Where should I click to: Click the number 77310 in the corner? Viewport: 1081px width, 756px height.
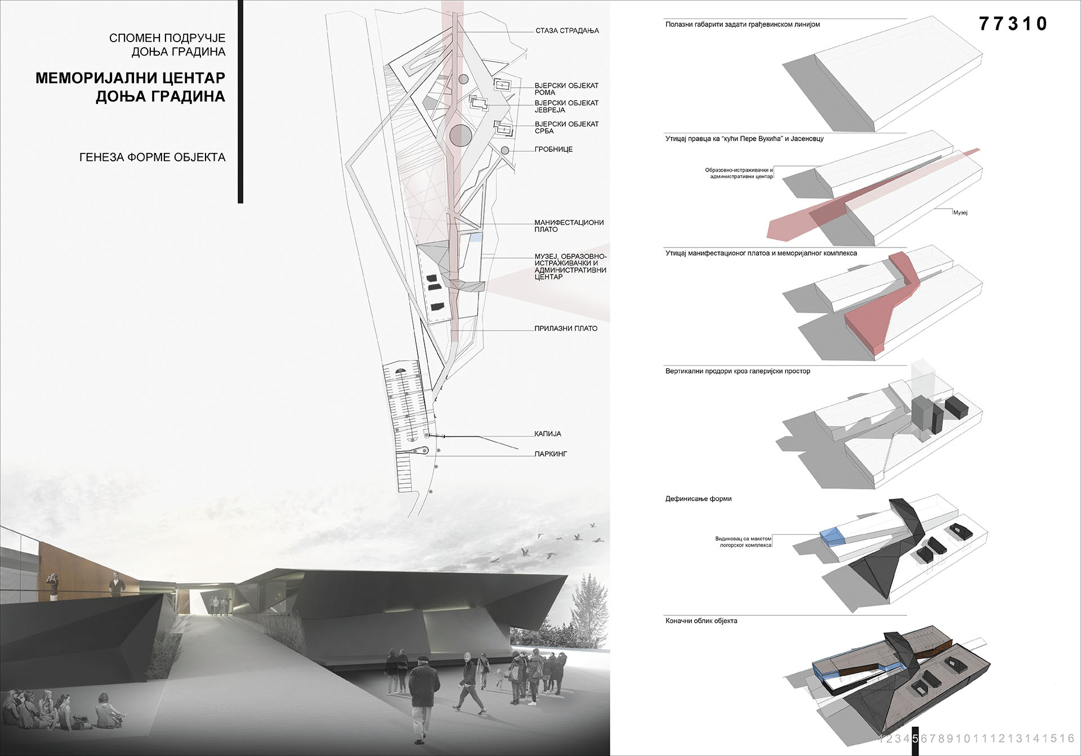[x=1013, y=24]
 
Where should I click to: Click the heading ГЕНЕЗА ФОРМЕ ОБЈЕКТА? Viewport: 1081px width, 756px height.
[x=152, y=157]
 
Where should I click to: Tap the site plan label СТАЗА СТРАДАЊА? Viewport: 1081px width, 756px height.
[x=567, y=31]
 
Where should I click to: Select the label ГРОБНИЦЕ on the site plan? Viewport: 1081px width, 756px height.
[x=553, y=150]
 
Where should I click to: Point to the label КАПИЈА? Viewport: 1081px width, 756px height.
[x=548, y=434]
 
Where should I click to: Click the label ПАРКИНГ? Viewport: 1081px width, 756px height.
[x=551, y=454]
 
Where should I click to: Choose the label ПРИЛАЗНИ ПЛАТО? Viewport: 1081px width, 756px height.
[x=566, y=328]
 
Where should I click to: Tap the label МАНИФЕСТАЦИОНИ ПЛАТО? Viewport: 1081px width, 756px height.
[x=569, y=226]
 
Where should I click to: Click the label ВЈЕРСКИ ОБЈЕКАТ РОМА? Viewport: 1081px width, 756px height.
[x=566, y=89]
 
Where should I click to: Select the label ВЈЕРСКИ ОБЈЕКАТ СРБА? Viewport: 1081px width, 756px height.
[x=566, y=127]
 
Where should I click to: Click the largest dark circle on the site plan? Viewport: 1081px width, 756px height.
[x=460, y=135]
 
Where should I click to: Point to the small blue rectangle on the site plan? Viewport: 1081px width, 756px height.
[x=476, y=237]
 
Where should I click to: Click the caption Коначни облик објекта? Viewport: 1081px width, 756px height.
[x=701, y=621]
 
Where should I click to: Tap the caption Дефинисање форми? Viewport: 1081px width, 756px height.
[x=698, y=499]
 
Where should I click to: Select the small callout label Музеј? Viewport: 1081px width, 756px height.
[x=960, y=213]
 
